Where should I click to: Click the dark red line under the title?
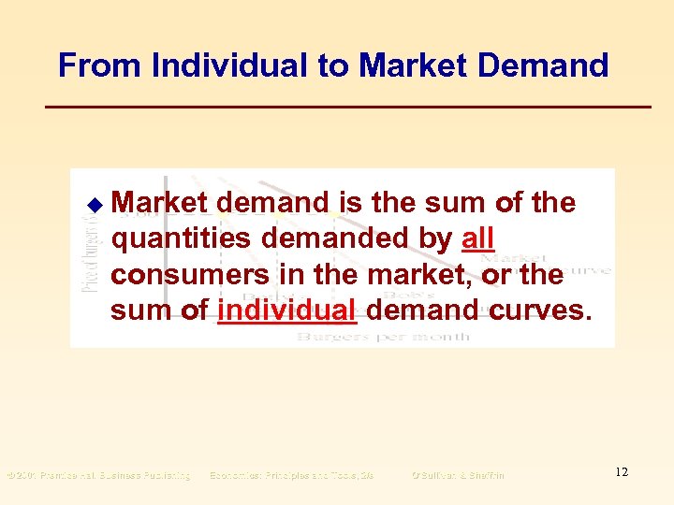(348, 108)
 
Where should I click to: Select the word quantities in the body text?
(182, 239)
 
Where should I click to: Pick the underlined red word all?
(477, 239)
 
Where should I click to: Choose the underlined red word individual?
(287, 310)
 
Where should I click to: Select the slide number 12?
(622, 472)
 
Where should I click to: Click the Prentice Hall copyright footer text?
(98, 475)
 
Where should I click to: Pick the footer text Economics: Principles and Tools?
(291, 475)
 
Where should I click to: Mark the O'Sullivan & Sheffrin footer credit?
(457, 475)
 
